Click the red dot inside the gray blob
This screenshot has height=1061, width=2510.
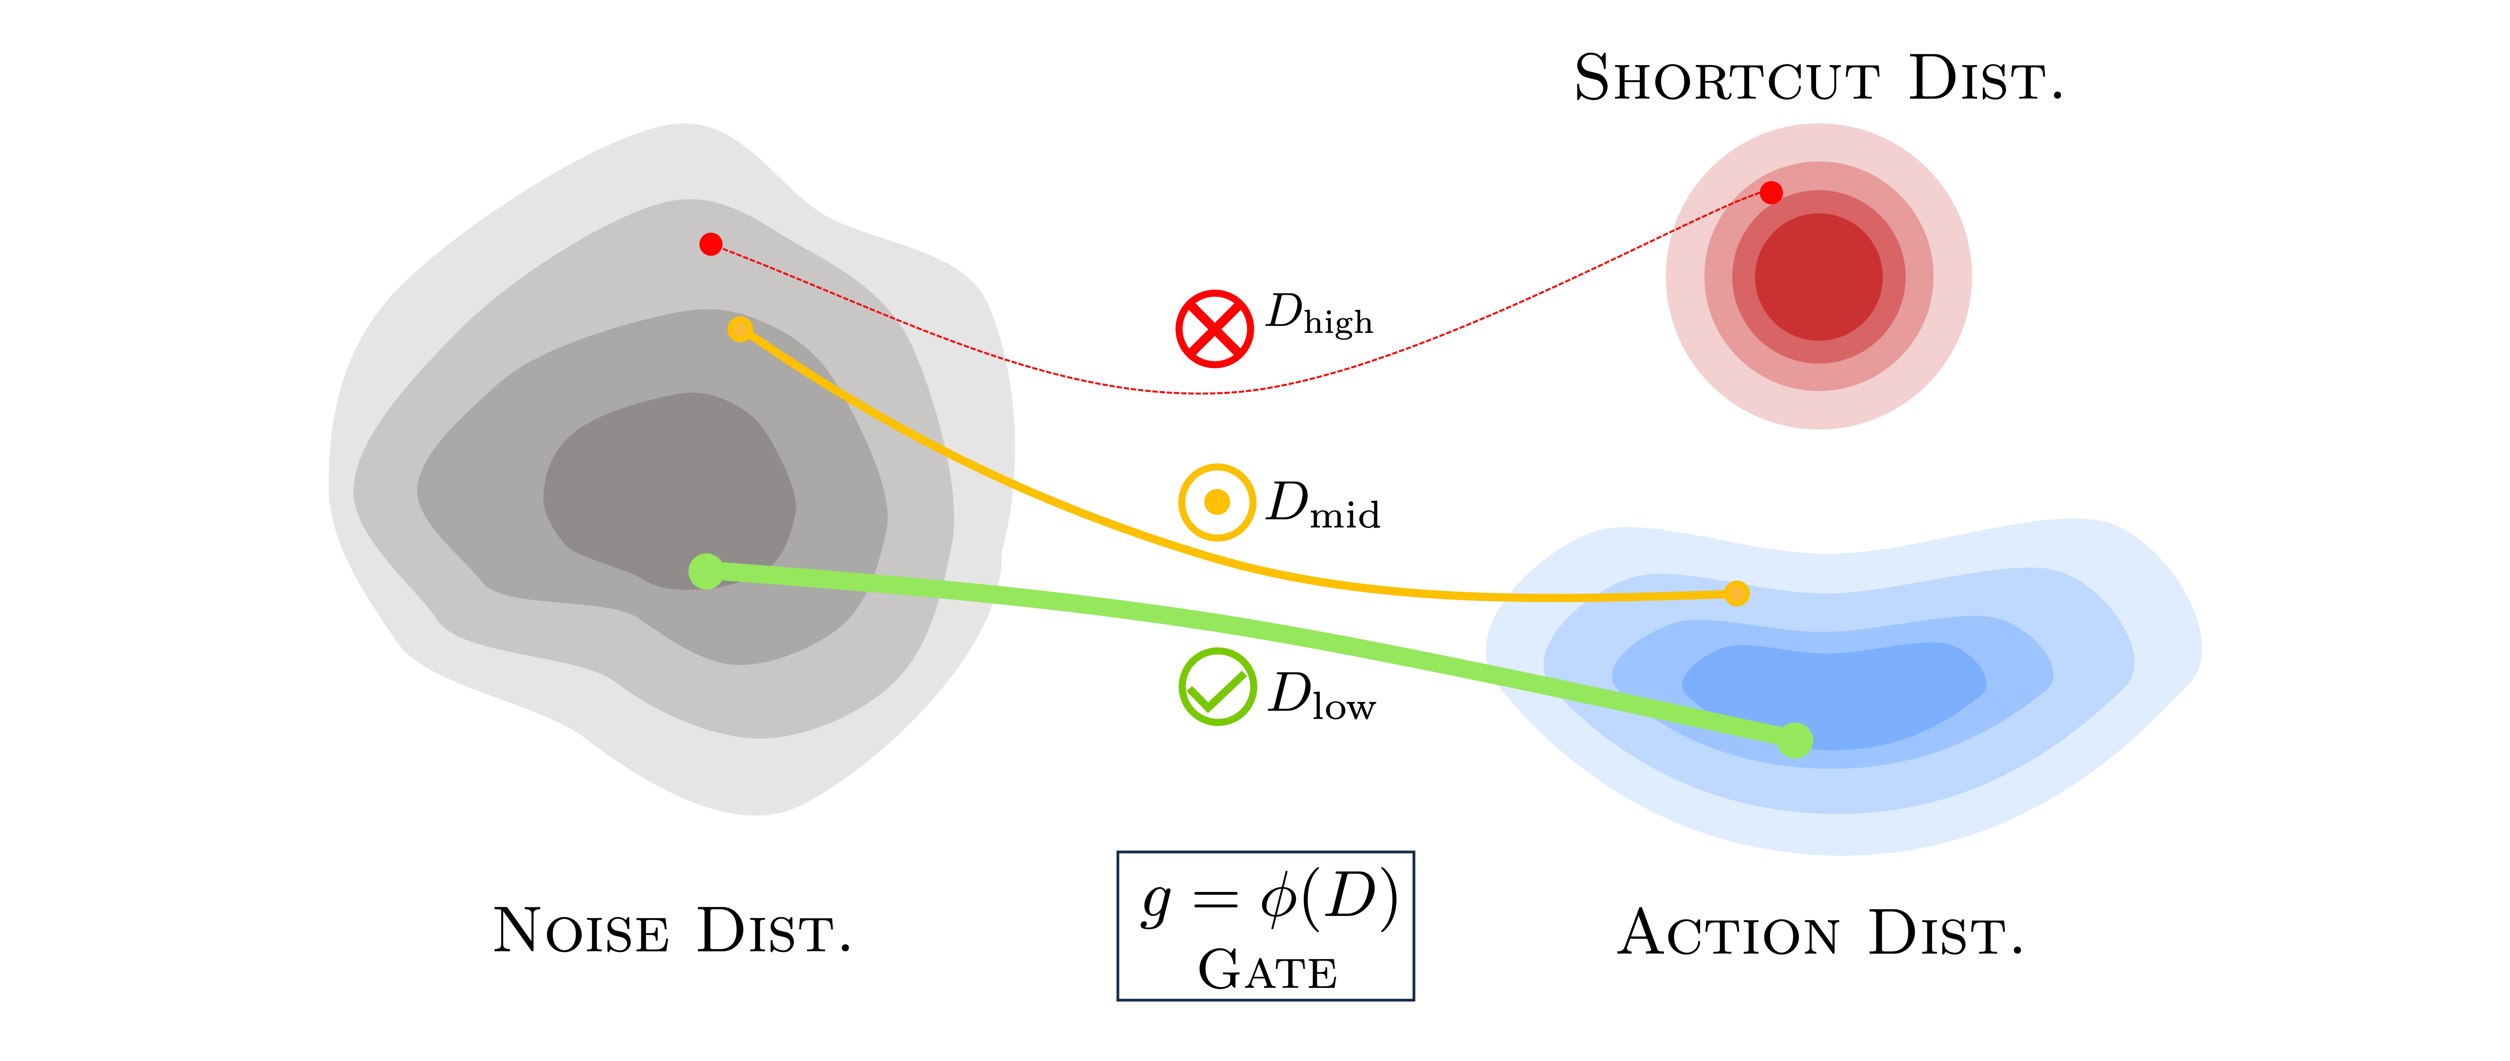(x=710, y=244)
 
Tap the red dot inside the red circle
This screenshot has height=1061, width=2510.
(x=1771, y=193)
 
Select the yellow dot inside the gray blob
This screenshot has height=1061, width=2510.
(x=740, y=329)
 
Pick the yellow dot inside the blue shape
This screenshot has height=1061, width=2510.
(x=1736, y=593)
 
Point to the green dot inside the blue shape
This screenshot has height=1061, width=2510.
(x=1795, y=741)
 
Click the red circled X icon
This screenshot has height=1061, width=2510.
(x=1214, y=329)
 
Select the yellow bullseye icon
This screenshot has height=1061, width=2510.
(x=1217, y=502)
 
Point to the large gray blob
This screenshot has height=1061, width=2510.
(x=585, y=438)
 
